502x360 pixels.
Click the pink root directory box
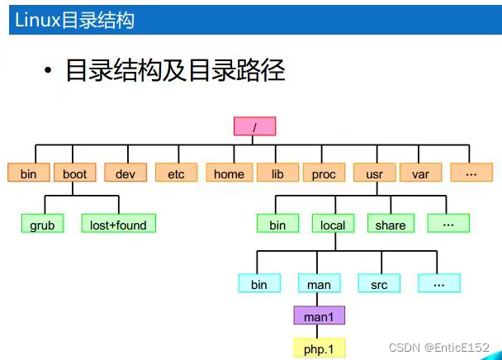click(254, 126)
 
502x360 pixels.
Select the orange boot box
click(75, 173)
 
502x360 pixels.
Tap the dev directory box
click(125, 173)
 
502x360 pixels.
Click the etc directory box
click(177, 173)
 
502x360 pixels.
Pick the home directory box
click(230, 173)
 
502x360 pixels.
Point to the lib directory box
click(277, 173)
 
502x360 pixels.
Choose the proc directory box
click(324, 173)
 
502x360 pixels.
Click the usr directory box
click(375, 173)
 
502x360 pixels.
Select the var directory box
click(421, 173)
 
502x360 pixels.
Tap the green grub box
click(42, 223)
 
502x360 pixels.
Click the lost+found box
click(118, 223)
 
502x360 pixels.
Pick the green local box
click(333, 223)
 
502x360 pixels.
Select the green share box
click(391, 223)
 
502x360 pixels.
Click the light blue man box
click(320, 283)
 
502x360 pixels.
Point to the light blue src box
click(379, 283)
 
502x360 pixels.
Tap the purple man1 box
click(320, 315)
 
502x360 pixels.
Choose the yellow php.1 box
click(320, 348)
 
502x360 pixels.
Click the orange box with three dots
click(471, 173)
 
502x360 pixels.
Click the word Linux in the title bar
click(38, 20)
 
